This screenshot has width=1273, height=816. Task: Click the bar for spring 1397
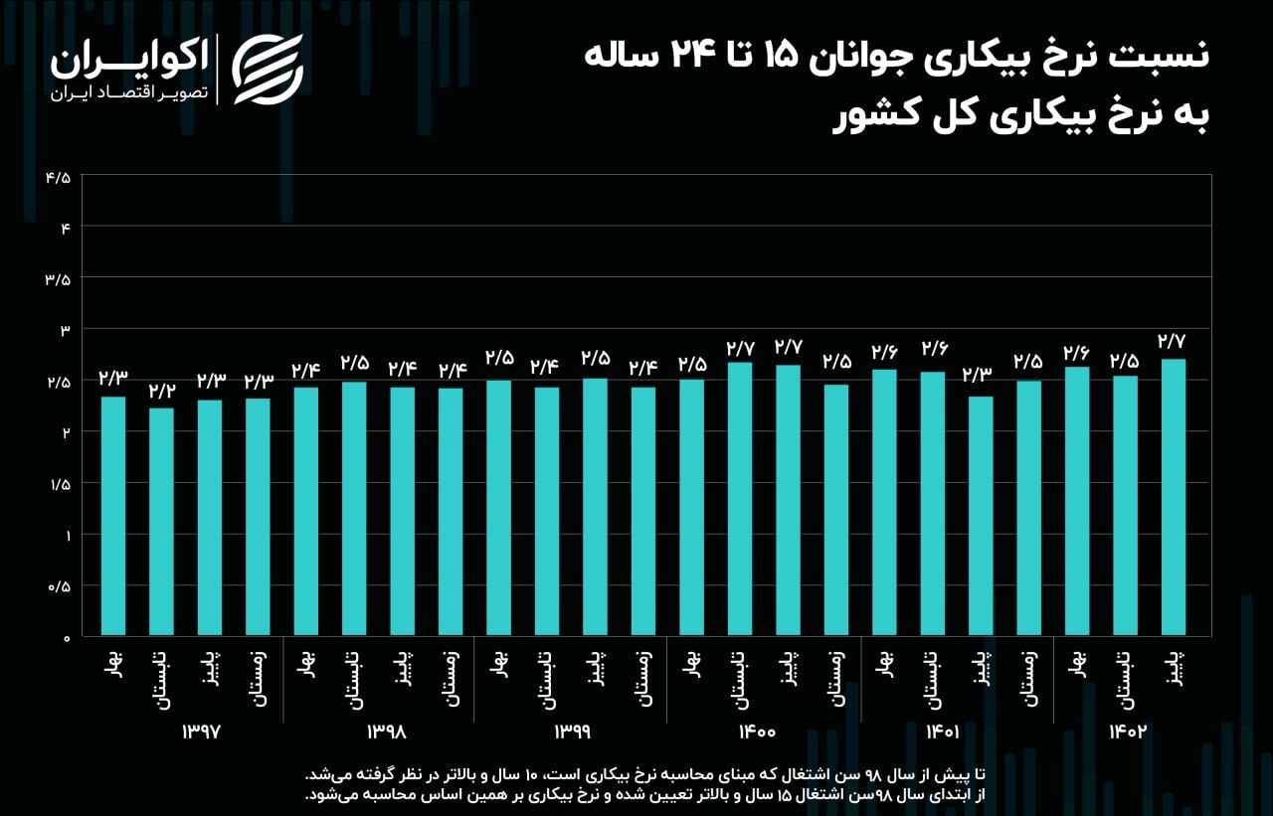tap(113, 516)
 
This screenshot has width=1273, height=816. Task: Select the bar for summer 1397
tap(161, 521)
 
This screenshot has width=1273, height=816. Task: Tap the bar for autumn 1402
tap(1173, 497)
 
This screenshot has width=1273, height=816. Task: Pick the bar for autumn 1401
tap(981, 516)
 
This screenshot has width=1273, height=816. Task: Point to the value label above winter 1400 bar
tap(836, 362)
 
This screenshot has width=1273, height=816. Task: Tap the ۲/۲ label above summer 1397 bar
tap(161, 391)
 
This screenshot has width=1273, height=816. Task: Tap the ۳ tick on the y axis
tap(65, 330)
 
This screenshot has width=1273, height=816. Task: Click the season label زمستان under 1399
tap(643, 679)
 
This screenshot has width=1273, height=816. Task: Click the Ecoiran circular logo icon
tap(267, 69)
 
